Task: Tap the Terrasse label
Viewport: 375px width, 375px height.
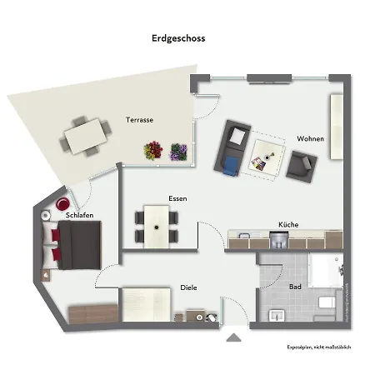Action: tap(139, 120)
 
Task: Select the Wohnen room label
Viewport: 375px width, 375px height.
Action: tap(311, 139)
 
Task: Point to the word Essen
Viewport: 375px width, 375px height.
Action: tap(177, 198)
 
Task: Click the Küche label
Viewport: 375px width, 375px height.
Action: tap(288, 224)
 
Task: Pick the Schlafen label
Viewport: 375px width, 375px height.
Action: tap(79, 216)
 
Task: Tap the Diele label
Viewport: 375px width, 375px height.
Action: tap(188, 288)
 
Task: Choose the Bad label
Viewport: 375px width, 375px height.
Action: tap(295, 287)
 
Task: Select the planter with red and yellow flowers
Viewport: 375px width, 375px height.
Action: tap(152, 151)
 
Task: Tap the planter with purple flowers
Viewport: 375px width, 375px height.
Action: tap(178, 152)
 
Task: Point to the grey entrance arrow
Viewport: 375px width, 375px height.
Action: tap(233, 337)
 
